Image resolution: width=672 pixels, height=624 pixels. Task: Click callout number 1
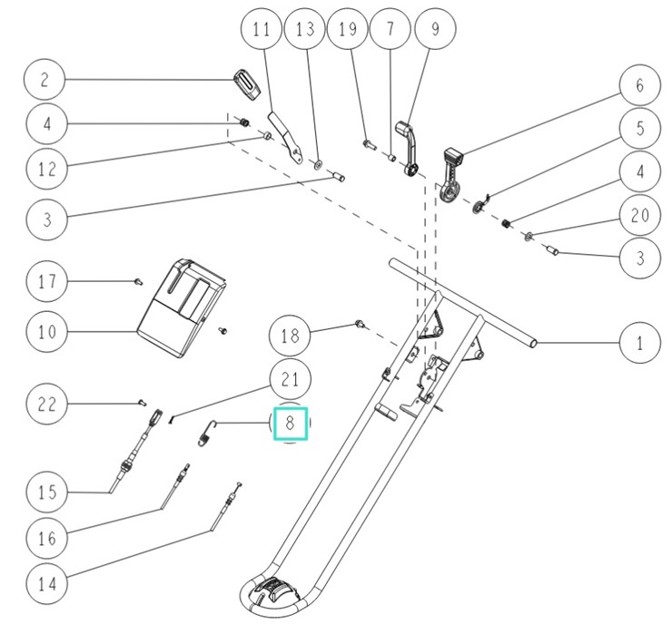click(x=640, y=344)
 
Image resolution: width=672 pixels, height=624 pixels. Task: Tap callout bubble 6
click(x=640, y=85)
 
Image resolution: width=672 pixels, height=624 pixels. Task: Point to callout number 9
click(x=434, y=30)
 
